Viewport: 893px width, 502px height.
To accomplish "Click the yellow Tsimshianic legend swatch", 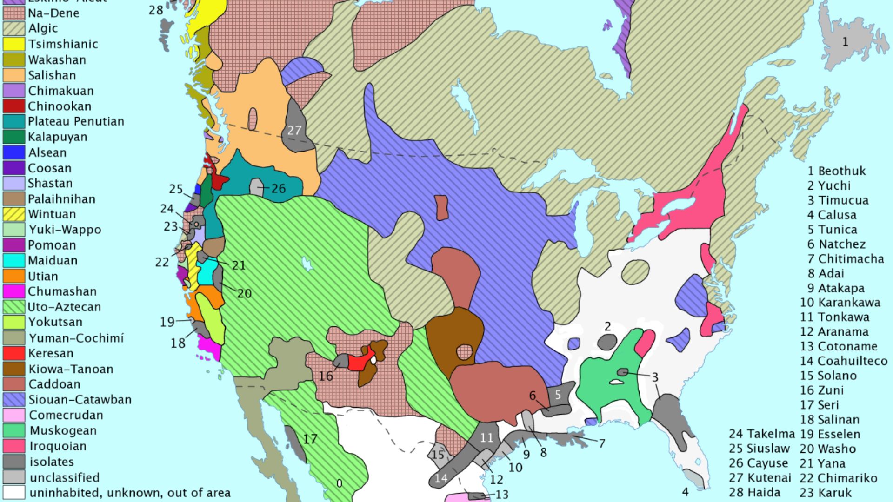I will click(14, 44).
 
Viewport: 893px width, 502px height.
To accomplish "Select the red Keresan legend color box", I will click(14, 353).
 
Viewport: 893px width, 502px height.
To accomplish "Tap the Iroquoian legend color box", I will click(14, 446).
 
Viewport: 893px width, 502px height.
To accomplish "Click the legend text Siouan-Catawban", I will click(80, 400).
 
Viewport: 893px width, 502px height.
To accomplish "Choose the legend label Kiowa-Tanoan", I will click(70, 369).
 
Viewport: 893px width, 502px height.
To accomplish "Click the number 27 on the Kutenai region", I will click(294, 131).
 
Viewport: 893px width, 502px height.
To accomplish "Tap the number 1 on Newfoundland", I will click(845, 42).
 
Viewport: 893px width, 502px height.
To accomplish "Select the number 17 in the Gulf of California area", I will click(310, 439).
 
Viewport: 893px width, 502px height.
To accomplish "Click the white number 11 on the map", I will click(486, 437).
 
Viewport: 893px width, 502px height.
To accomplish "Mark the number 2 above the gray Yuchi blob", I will click(607, 326).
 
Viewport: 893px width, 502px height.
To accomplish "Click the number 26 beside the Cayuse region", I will click(278, 188).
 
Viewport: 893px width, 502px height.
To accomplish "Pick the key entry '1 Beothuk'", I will click(836, 171).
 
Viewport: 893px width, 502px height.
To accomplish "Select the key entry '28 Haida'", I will click(754, 492).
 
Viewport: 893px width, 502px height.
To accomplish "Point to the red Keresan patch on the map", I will click(358, 362).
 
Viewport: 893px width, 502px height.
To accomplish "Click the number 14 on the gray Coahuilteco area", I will click(441, 478).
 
